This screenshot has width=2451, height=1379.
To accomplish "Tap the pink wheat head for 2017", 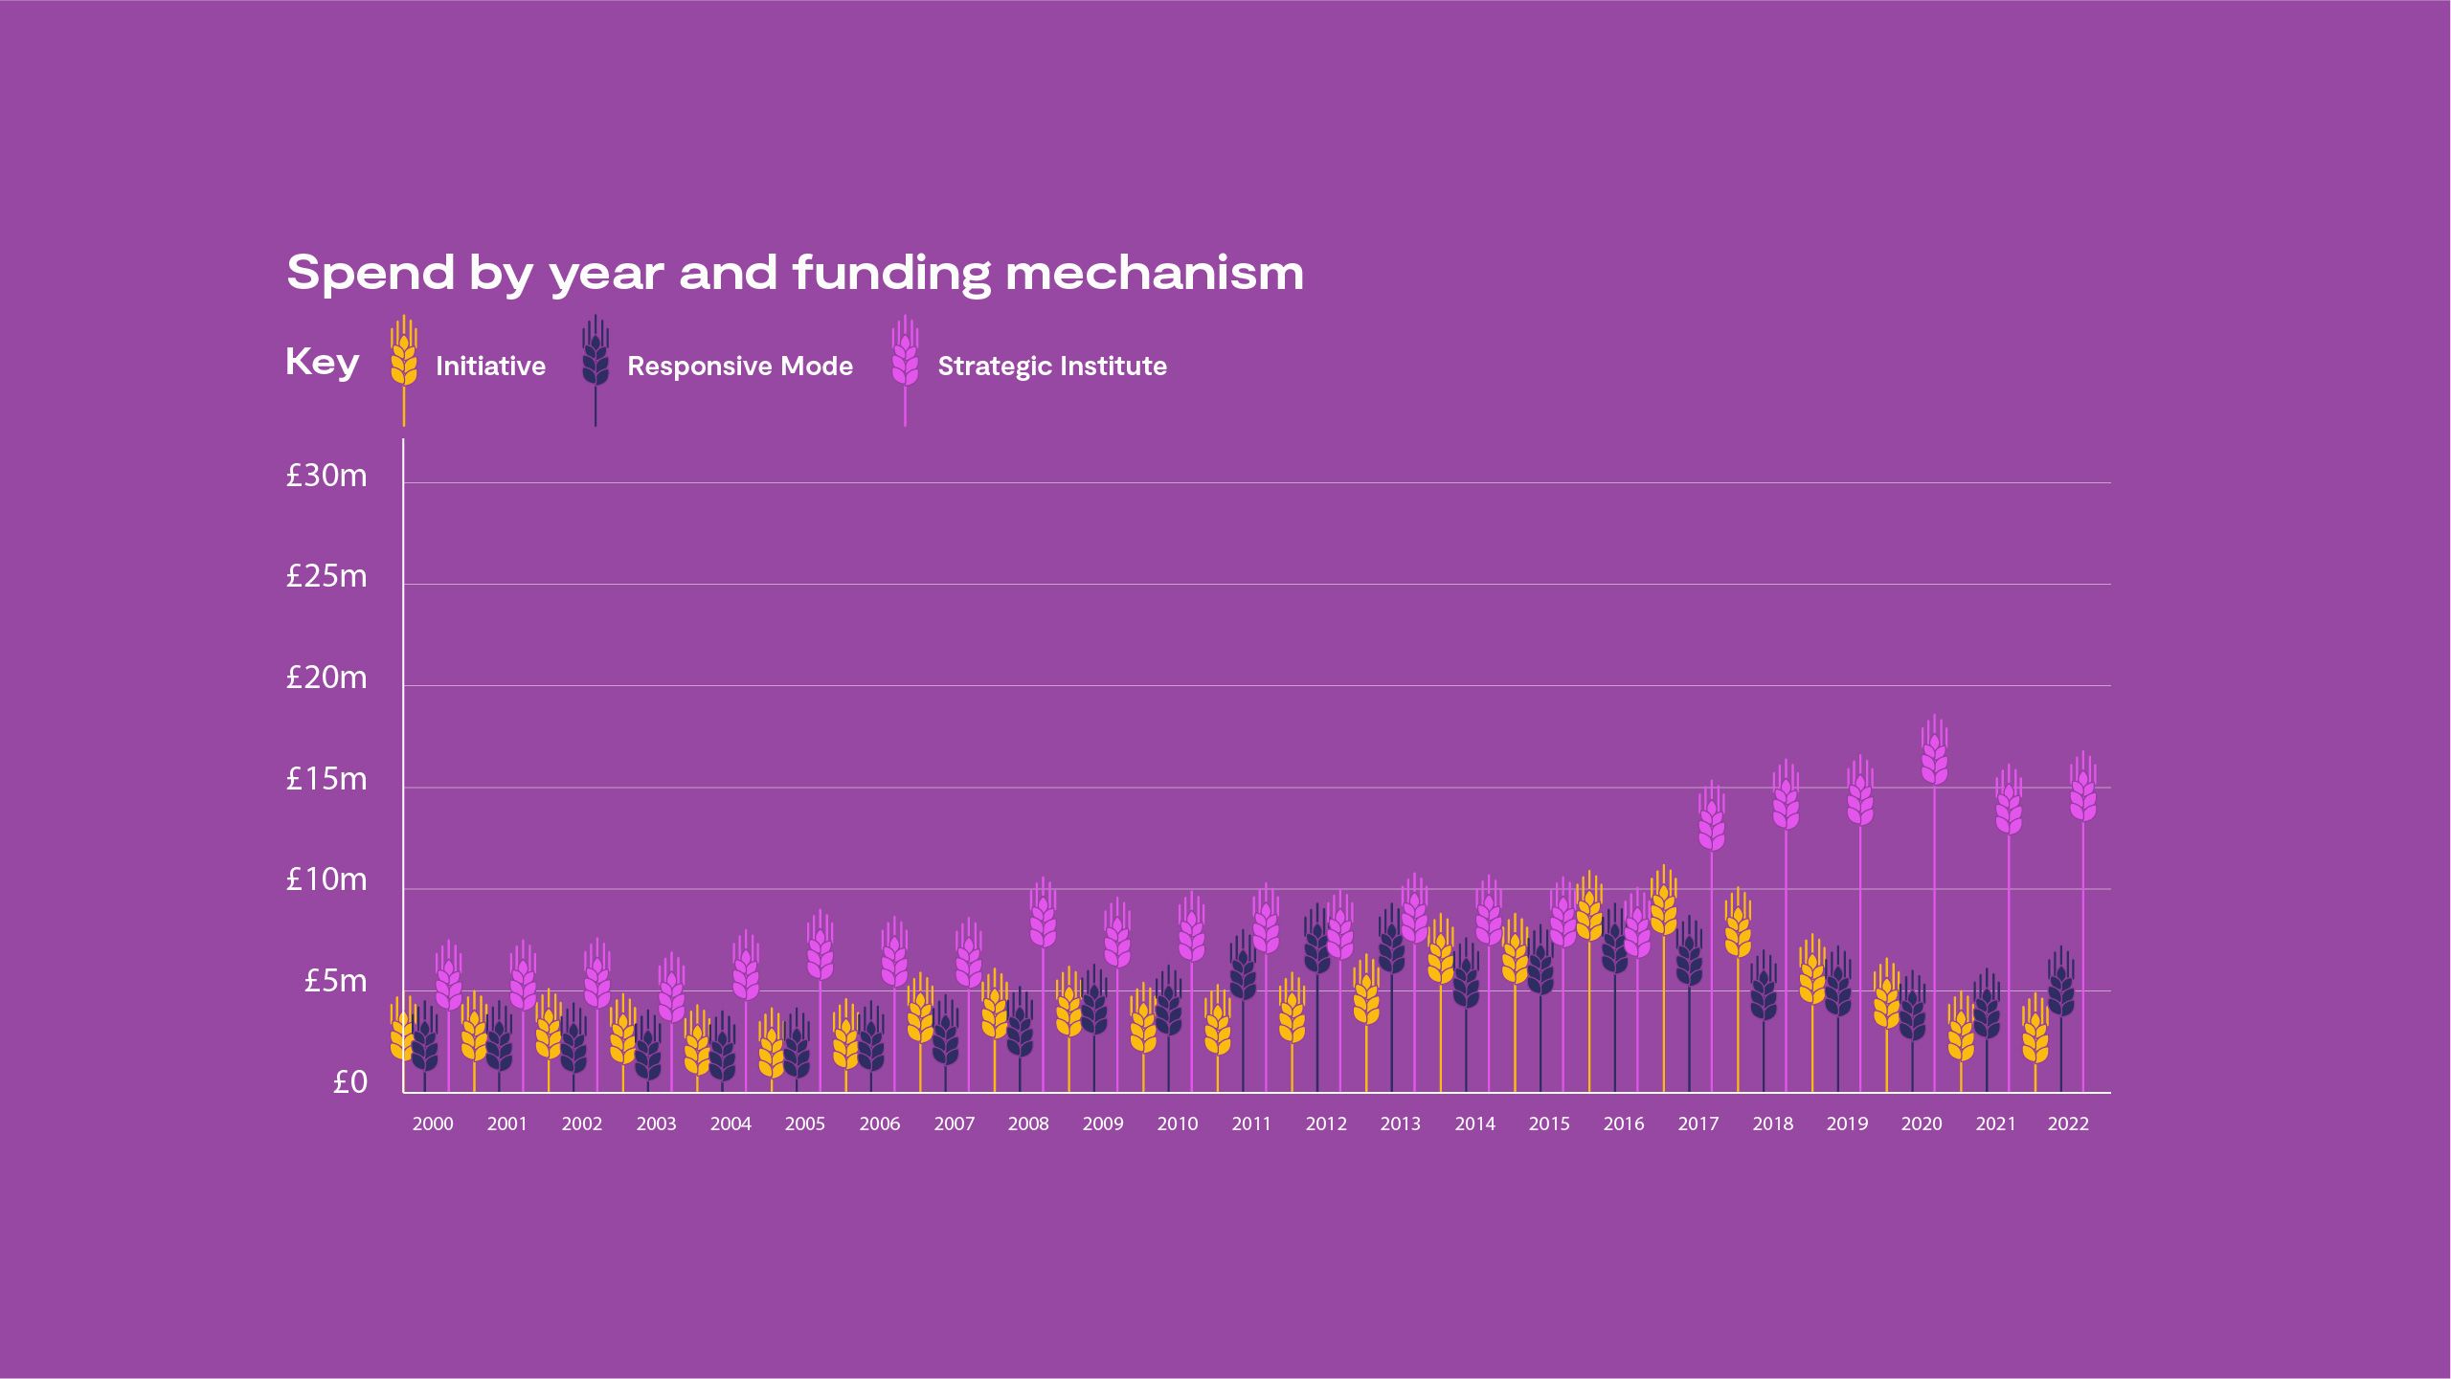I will (1712, 824).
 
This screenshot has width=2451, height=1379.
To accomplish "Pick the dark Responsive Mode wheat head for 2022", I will (2061, 990).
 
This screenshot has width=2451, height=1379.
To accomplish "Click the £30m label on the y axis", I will (326, 476).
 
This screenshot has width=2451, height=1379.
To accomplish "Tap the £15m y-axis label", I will (326, 780).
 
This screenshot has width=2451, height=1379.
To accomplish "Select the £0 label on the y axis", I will (349, 1082).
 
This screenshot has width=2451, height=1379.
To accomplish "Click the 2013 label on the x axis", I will (1400, 1124).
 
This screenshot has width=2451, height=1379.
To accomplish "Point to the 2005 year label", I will (804, 1124).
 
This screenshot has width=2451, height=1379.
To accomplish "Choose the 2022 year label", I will (2068, 1124).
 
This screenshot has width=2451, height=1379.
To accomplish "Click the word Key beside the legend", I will (323, 364).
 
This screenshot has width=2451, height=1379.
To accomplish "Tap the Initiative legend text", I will (490, 367).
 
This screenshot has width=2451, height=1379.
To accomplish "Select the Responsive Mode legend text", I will (739, 367).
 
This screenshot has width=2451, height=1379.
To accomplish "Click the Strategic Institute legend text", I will (1051, 367).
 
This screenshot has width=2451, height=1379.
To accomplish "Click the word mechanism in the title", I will (1154, 274).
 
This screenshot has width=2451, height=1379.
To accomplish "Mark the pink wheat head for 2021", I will (2009, 809).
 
